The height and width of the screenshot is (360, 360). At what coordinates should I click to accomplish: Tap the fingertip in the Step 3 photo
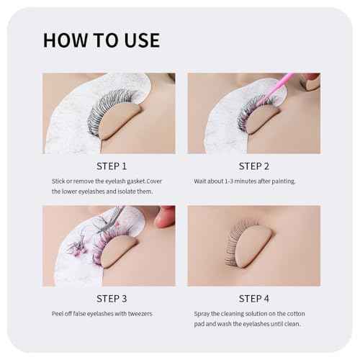[163, 216]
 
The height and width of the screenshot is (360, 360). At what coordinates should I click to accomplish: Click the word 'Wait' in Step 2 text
[202, 181]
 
